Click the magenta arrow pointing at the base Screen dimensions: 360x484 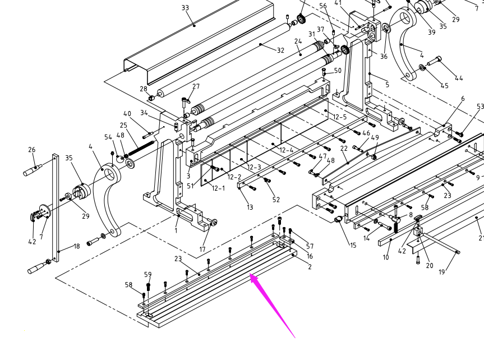tap(274, 305)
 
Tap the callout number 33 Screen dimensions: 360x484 tap(185, 8)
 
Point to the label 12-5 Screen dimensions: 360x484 tap(339, 117)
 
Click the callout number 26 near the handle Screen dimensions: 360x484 tap(31, 150)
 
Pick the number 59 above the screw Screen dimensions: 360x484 tap(147, 275)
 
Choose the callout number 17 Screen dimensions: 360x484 tap(202, 250)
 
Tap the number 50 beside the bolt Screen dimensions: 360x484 tap(337, 71)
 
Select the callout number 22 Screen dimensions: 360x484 tap(344, 149)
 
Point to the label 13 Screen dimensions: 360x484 tap(250, 207)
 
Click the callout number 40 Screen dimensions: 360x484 tap(127, 114)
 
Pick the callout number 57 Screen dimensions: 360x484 tap(310, 247)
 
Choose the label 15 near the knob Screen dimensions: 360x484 tap(352, 246)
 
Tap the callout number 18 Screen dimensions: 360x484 tap(76, 246)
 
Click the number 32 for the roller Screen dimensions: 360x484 tap(280, 50)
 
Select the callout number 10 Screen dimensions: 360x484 tap(386, 257)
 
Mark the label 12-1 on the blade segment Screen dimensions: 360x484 tap(218, 188)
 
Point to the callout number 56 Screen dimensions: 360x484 tap(322, 6)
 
